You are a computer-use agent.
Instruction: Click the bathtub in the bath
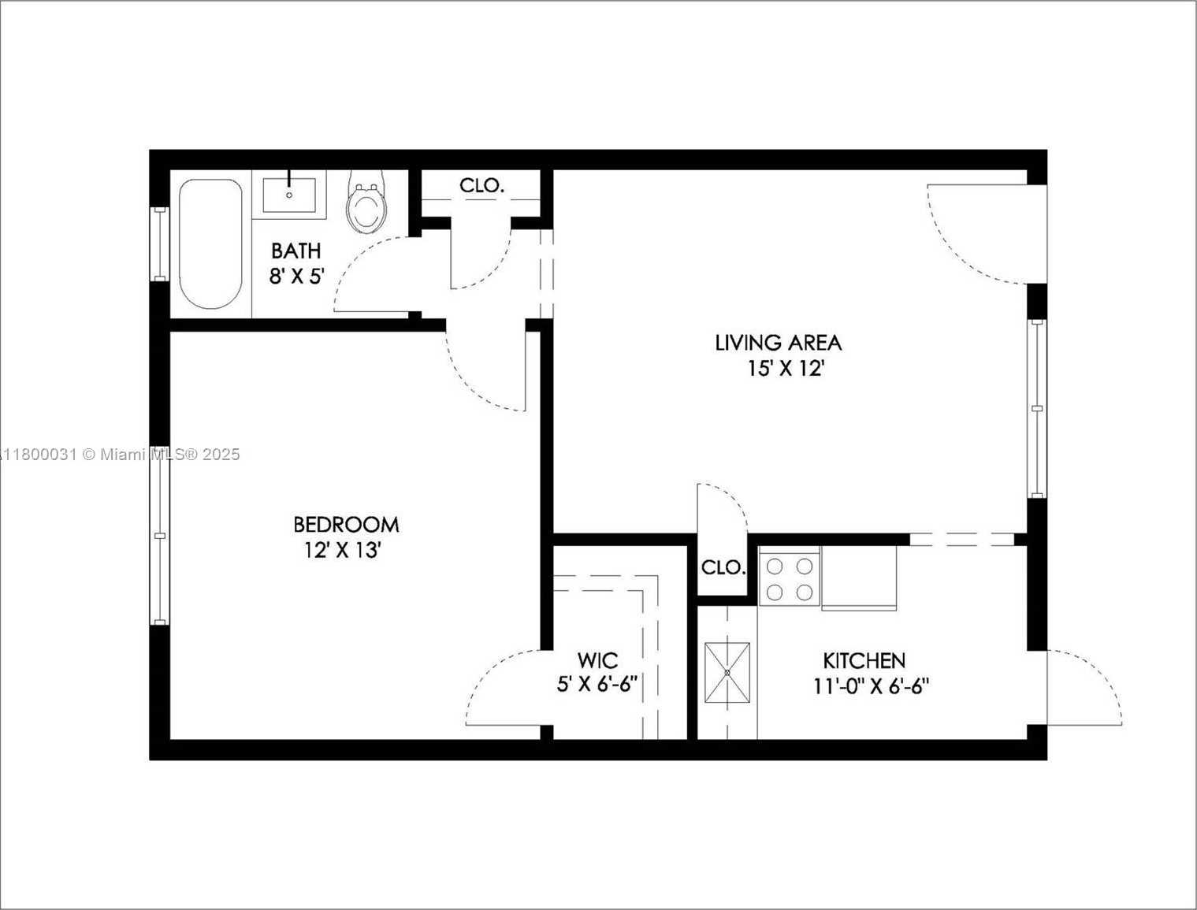[x=210, y=243]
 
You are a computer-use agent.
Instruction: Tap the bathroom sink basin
[x=289, y=195]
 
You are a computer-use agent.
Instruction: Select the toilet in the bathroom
[x=366, y=202]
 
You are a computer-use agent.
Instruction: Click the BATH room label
[x=296, y=251]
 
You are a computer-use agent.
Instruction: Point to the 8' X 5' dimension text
[x=297, y=277]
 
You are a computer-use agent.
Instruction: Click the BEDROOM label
[x=346, y=525]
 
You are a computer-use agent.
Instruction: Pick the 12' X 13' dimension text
[x=342, y=550]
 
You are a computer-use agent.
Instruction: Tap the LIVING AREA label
[x=779, y=343]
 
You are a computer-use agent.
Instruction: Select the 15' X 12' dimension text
[x=785, y=369]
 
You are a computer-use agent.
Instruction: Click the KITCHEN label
[x=864, y=661]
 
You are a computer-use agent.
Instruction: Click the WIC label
[x=597, y=661]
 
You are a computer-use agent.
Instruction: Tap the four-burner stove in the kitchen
[x=790, y=580]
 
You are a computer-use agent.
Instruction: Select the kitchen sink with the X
[x=727, y=673]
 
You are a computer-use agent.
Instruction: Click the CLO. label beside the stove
[x=723, y=568]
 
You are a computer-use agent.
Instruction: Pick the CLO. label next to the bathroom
[x=482, y=186]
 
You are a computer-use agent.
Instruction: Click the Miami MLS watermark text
[x=120, y=454]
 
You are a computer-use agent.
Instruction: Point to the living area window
[x=1037, y=408]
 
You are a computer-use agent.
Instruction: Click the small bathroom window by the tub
[x=159, y=243]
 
